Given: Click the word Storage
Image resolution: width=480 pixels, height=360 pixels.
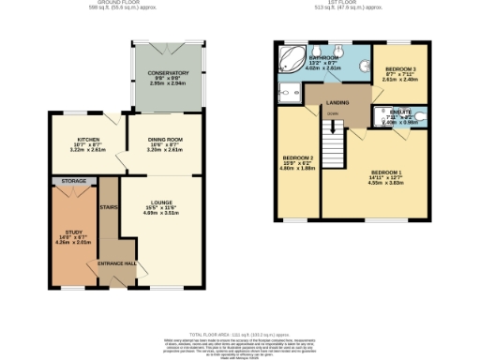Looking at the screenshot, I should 73,180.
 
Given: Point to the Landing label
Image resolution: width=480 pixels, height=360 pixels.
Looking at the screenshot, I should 338,103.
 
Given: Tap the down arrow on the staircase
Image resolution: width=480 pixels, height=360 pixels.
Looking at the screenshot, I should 331,115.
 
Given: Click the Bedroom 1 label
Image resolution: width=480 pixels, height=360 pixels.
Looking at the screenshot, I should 385,172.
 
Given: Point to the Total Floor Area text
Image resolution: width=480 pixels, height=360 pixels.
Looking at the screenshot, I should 240,333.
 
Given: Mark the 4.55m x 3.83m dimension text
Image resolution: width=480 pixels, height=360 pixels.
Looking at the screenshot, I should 385,184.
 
